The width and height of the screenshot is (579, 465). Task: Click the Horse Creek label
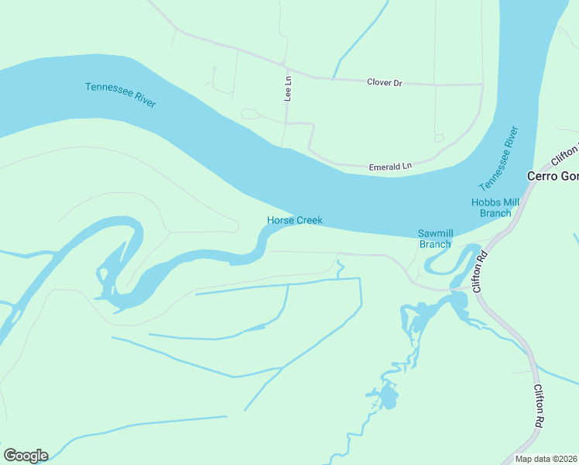[294, 221]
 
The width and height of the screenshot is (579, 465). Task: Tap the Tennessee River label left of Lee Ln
[121, 95]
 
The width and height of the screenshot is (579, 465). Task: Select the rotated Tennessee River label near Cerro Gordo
[498, 158]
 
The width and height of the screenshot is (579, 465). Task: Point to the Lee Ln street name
[288, 88]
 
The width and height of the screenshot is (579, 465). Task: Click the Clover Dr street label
[385, 81]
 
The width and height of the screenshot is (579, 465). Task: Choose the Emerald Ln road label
[390, 166]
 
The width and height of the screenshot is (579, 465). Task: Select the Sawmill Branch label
[434, 238]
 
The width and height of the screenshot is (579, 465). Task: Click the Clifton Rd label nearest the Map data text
[537, 406]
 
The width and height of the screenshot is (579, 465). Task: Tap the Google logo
[26, 456]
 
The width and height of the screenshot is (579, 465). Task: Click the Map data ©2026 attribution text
[546, 459]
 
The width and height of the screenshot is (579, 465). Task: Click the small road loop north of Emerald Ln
[439, 139]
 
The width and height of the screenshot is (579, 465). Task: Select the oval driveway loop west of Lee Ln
[250, 114]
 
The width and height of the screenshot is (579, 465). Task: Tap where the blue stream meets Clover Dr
[334, 78]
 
